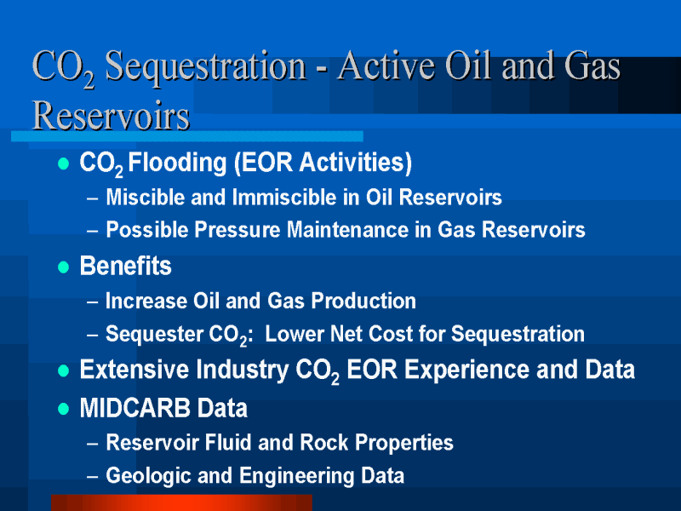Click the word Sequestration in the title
205,67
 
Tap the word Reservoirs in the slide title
112,116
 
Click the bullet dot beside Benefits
63,267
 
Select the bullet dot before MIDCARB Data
63,409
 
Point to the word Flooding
177,164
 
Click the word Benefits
125,266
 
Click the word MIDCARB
135,408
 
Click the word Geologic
148,476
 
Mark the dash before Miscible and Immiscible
92,198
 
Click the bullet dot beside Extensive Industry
63,370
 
